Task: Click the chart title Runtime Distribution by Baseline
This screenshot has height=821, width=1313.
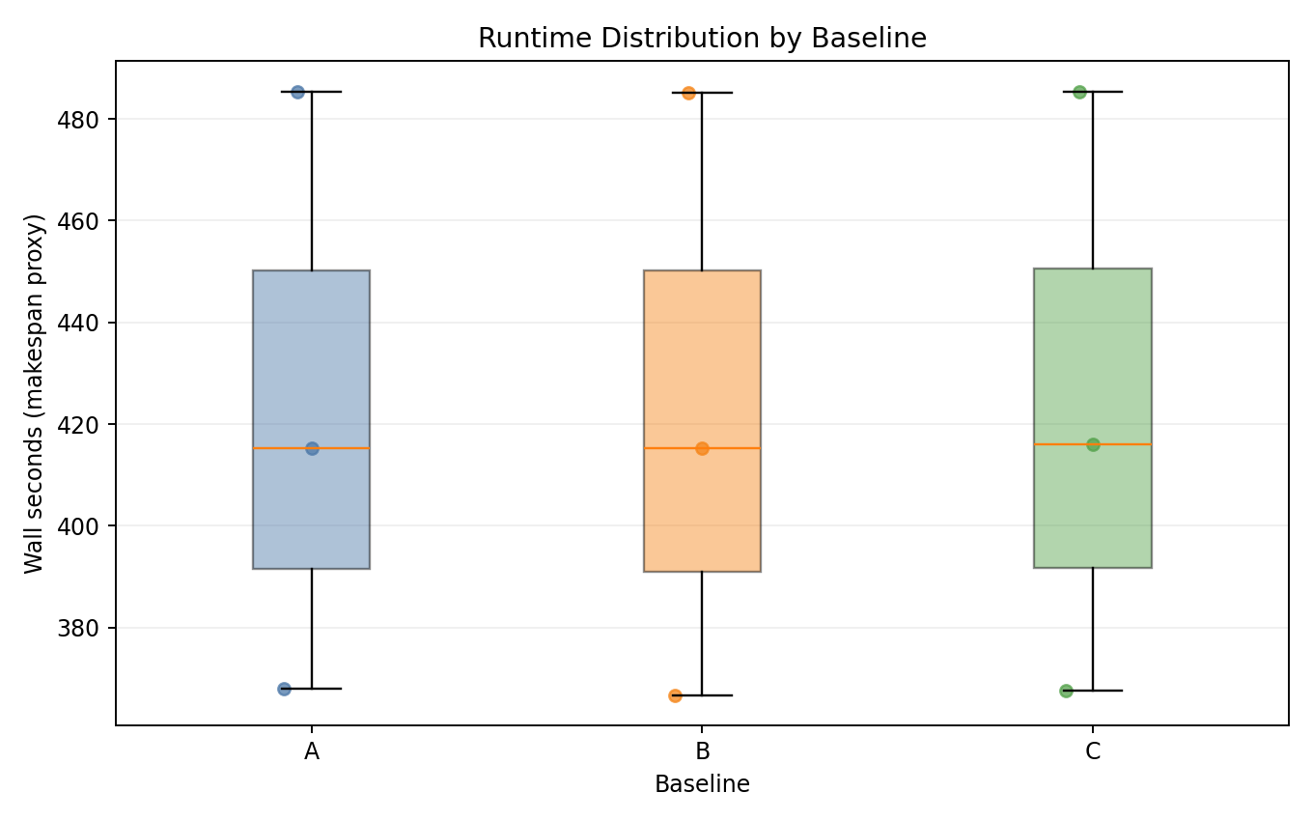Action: click(x=702, y=38)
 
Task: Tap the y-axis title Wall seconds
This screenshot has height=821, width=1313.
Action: click(x=35, y=392)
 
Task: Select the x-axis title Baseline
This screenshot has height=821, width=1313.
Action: click(x=702, y=784)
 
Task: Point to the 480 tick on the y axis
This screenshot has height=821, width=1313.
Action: click(x=86, y=120)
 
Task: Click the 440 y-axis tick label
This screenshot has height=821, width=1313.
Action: click(x=86, y=323)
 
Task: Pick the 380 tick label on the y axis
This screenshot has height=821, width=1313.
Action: click(x=86, y=628)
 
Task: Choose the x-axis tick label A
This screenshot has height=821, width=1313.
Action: click(x=312, y=751)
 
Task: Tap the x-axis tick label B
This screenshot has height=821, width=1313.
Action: click(x=702, y=751)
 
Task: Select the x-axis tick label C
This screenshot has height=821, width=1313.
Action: click(x=1093, y=751)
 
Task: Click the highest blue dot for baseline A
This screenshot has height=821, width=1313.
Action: click(x=297, y=92)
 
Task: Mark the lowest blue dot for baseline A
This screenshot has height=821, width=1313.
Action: click(x=284, y=689)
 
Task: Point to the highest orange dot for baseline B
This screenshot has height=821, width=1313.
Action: click(x=688, y=93)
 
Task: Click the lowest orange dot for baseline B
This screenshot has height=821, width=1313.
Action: click(x=675, y=695)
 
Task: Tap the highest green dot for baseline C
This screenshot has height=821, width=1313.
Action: click(x=1079, y=92)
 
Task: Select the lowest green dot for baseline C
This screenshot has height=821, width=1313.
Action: click(x=1066, y=691)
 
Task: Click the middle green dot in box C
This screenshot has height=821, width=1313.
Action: click(x=1093, y=444)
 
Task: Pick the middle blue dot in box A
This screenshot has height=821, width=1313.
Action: click(x=312, y=448)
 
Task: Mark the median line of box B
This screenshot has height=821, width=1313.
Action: click(x=734, y=448)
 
